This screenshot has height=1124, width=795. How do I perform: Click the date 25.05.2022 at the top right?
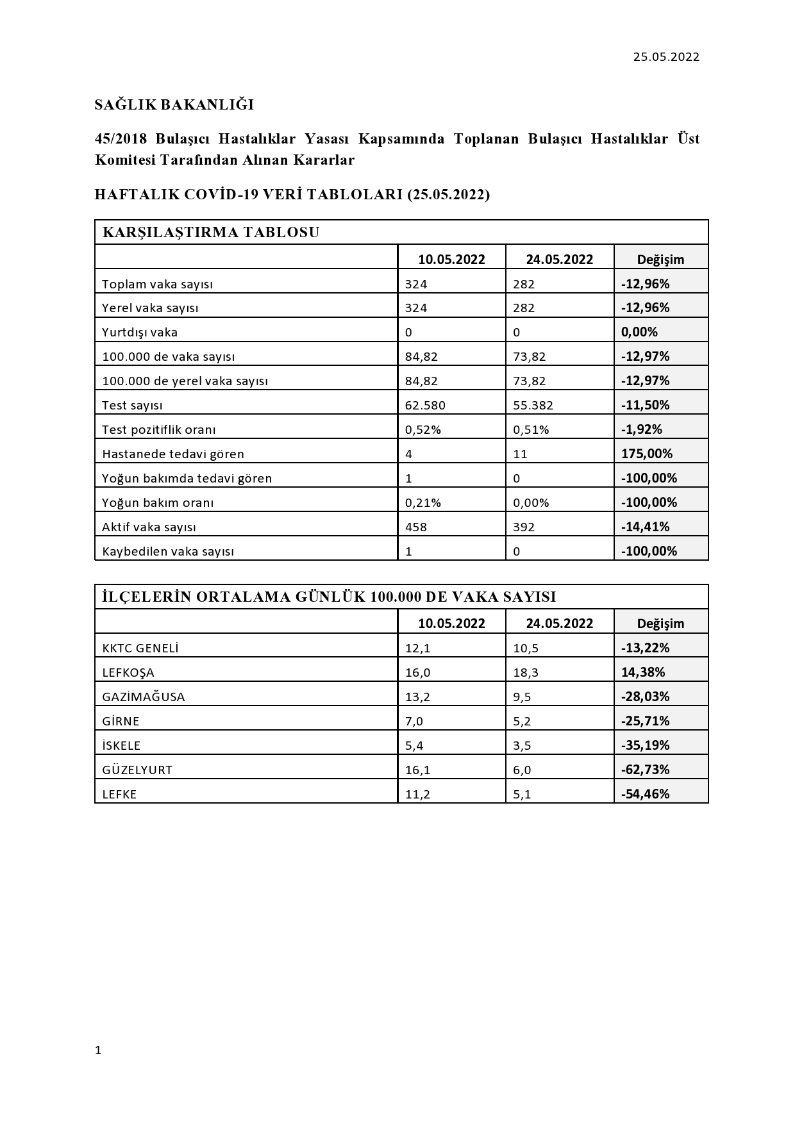pos(666,57)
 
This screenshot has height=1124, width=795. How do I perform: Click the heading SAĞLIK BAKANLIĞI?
pos(174,104)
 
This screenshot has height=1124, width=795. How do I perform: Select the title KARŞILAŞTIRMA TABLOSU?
pos(211,232)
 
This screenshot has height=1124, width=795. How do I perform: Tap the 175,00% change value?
pos(647,454)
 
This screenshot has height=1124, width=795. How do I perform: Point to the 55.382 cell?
pos(533,405)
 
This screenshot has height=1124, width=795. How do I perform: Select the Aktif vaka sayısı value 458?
pos(416,527)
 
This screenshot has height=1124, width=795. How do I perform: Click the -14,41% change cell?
pos(645,527)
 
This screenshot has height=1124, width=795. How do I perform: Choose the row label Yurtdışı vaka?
pos(140,332)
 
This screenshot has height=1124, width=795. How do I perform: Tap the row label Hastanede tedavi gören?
pos(173,454)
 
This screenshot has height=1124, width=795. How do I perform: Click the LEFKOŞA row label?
pos(128,672)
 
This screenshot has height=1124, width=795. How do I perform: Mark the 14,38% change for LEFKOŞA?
pos(643,672)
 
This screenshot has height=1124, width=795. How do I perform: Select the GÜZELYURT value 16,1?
pos(417,770)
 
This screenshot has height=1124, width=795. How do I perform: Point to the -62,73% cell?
pos(645,770)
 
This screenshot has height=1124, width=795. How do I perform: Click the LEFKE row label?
pos(119,794)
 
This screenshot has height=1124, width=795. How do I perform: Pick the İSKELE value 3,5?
pos(522,745)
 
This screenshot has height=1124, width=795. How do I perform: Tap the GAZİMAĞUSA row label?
pos(144,697)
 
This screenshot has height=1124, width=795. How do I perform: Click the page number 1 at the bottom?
pos(98,1050)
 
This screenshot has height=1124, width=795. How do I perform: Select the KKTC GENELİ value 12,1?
pos(417,648)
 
